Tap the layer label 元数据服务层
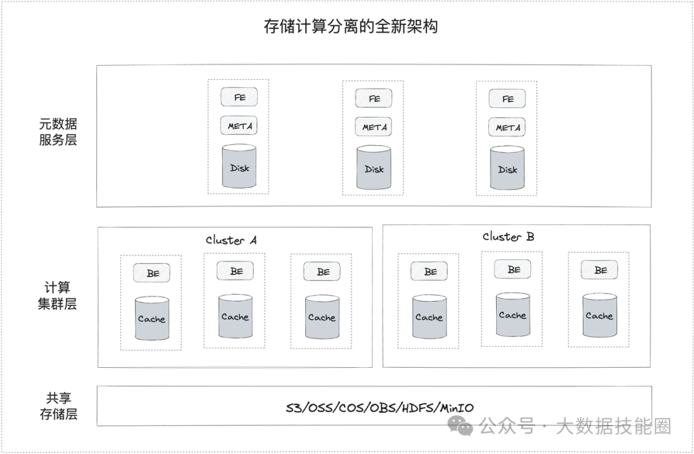pyautogui.click(x=58, y=132)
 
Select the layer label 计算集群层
pyautogui.click(x=58, y=296)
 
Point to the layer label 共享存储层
pyautogui.click(x=58, y=406)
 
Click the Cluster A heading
pyautogui.click(x=231, y=240)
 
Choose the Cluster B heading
pyautogui.click(x=508, y=237)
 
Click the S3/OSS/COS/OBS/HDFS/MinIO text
pyautogui.click(x=380, y=408)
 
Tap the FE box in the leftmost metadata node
pyautogui.click(x=239, y=97)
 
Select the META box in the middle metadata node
pyautogui.click(x=374, y=127)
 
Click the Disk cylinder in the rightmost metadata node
pyautogui.click(x=508, y=168)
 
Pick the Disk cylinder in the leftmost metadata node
pyautogui.click(x=239, y=167)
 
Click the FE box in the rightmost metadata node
pyautogui.click(x=508, y=99)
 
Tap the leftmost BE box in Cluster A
pyautogui.click(x=152, y=273)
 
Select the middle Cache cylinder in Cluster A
pyautogui.click(x=235, y=316)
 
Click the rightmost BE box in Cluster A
pyautogui.click(x=323, y=272)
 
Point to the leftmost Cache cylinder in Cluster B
pyautogui.click(x=429, y=316)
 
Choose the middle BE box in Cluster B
pyautogui.click(x=513, y=269)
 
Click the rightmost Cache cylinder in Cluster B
pyautogui.click(x=600, y=315)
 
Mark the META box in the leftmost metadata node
pyautogui.click(x=239, y=126)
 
